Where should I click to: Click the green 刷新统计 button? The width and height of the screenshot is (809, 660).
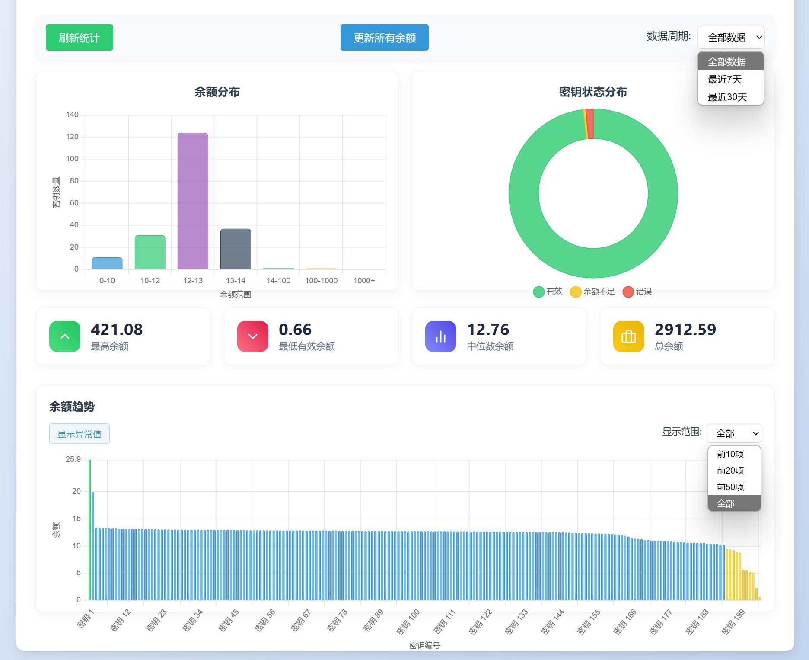(79, 38)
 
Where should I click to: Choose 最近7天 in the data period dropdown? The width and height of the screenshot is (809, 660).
(725, 80)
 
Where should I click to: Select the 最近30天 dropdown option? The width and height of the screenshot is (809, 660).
(727, 97)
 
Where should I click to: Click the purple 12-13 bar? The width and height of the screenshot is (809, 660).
(193, 201)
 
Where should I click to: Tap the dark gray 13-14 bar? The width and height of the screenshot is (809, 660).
(236, 249)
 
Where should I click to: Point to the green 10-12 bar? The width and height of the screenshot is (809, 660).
(150, 252)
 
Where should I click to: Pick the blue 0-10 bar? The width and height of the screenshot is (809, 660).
(107, 263)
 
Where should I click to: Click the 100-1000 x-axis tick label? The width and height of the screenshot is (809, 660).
(321, 281)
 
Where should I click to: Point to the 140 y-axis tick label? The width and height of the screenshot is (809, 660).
(72, 115)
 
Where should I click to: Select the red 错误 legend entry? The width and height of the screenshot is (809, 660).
(637, 292)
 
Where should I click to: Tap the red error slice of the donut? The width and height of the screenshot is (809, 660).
(590, 124)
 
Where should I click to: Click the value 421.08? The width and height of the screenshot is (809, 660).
(117, 330)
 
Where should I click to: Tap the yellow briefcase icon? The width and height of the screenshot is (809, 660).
(628, 336)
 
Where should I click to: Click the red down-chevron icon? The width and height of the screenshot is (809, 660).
(253, 336)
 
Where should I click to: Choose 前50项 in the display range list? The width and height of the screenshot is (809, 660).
(730, 487)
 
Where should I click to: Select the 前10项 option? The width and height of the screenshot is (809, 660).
(730, 454)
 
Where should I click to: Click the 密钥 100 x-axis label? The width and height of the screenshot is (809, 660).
(408, 622)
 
